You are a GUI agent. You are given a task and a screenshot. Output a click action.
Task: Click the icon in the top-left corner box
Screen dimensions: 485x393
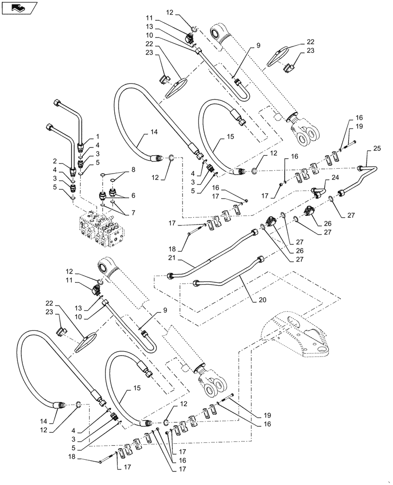tap(18, 8)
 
